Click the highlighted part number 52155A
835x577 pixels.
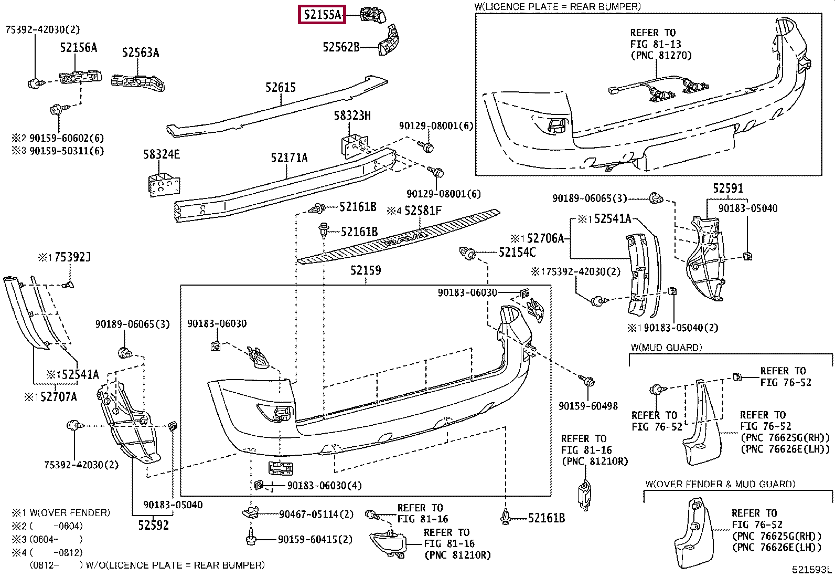(322, 15)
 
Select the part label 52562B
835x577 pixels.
(341, 47)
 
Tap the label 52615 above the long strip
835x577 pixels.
(280, 87)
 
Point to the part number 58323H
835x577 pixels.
(352, 116)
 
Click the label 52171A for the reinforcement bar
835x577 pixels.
(290, 158)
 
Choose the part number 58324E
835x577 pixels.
(162, 154)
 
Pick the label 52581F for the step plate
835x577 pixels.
(423, 211)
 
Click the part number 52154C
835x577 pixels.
(517, 253)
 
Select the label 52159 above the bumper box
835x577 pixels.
(366, 270)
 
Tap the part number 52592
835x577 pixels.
(154, 525)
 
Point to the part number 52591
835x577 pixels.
(728, 188)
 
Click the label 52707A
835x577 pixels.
(59, 397)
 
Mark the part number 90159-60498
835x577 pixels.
(588, 406)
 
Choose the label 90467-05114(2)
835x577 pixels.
(316, 515)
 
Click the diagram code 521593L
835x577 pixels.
(811, 570)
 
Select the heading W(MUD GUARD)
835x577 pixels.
(667, 348)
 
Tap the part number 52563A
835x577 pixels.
(141, 53)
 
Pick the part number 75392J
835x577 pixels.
(73, 257)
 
